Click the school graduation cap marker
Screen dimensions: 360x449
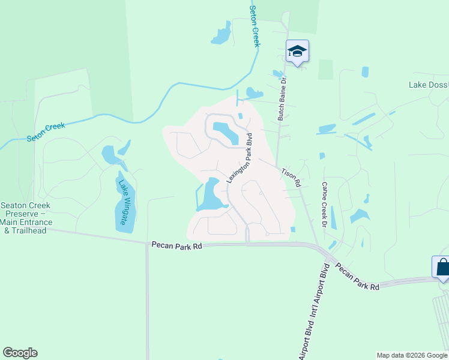click(x=297, y=51)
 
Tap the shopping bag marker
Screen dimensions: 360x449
click(x=441, y=267)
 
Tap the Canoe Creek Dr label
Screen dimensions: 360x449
click(x=324, y=205)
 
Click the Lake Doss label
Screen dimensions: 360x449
click(x=429, y=85)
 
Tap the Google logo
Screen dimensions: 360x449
click(x=20, y=353)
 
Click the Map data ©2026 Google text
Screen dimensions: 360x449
click(x=412, y=355)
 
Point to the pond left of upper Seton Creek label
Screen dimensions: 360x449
click(x=221, y=35)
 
